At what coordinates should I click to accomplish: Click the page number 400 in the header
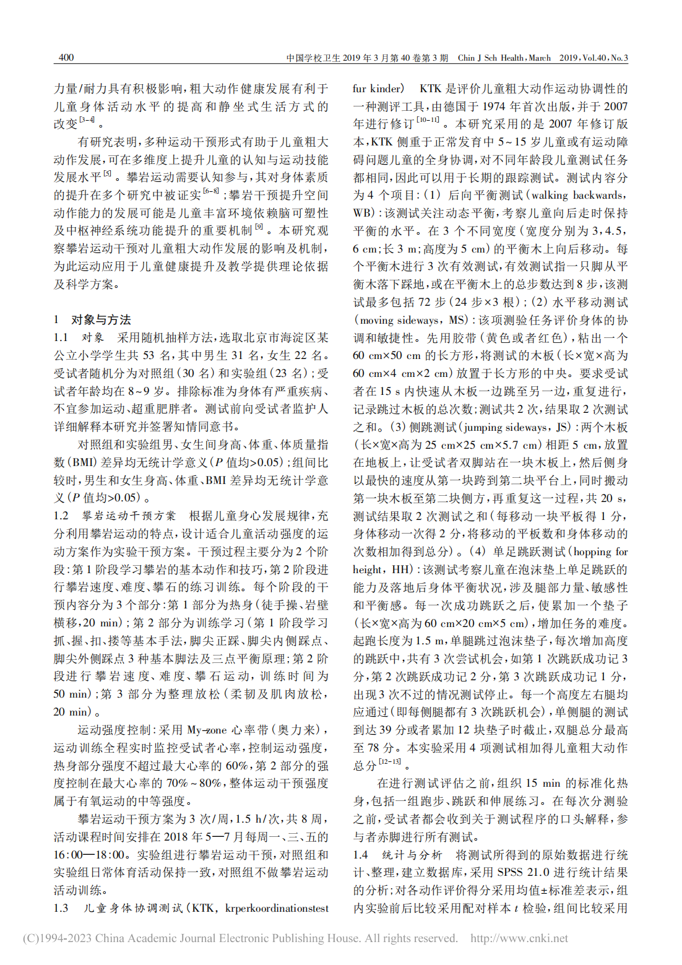66,58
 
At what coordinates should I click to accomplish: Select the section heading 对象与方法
101,320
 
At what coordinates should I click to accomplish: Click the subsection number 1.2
61,516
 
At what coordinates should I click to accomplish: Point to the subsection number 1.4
360,855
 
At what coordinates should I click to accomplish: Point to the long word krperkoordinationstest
277,909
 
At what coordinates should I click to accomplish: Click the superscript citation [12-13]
390,762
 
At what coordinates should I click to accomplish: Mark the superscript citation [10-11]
428,120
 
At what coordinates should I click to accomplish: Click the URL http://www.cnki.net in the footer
519,938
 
